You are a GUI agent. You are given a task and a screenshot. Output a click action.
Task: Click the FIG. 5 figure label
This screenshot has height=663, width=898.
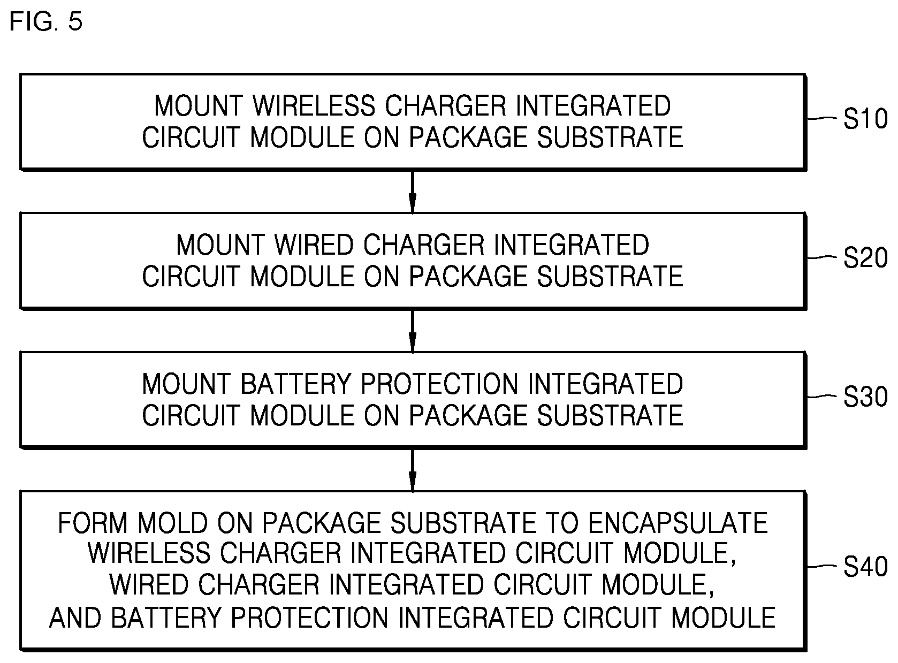[x=46, y=22]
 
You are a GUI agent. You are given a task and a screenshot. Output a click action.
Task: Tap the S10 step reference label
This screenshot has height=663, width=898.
[x=865, y=119]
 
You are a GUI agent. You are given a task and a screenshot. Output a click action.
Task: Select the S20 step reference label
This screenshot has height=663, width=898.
[x=865, y=258]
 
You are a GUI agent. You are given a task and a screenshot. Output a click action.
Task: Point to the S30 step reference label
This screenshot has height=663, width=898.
[x=865, y=398]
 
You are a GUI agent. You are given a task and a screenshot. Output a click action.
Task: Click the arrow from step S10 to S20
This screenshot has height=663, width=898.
[x=412, y=192]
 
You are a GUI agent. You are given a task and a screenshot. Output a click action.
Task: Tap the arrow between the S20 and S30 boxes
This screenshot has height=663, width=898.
[x=412, y=331]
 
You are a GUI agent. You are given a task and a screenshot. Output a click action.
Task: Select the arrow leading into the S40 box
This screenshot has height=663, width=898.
[x=412, y=470]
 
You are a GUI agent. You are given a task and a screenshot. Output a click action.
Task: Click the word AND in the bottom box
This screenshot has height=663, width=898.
[x=74, y=618]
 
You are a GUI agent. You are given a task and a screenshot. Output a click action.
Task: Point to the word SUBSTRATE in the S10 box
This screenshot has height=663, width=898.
[x=610, y=138]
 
